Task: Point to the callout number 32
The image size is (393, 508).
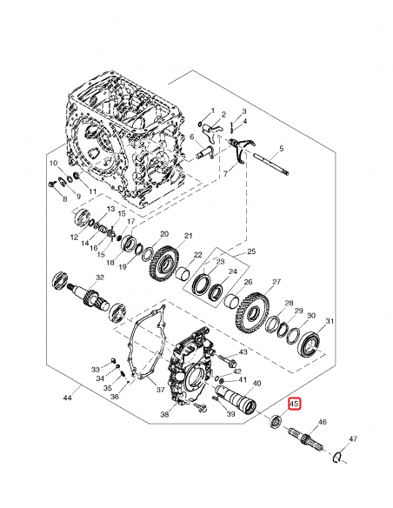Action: point(100,277)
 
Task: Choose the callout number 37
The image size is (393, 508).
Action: point(160,390)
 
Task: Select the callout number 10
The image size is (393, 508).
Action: point(52,163)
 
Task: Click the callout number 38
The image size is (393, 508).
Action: point(164,416)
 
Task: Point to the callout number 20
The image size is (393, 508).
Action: point(163,234)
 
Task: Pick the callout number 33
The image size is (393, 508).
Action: point(96,370)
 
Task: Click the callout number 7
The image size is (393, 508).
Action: point(225,174)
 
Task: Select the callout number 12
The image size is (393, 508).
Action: point(74,236)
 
